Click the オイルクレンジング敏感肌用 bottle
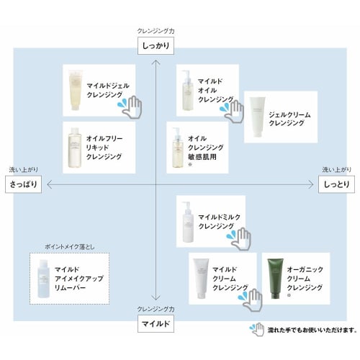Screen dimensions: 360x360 [176, 147]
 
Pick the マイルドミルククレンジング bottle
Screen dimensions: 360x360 [186, 221]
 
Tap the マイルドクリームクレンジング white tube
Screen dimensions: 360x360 [201, 277]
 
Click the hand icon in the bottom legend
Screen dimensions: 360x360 [256, 330]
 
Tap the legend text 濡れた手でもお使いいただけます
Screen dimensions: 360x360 [311, 330]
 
